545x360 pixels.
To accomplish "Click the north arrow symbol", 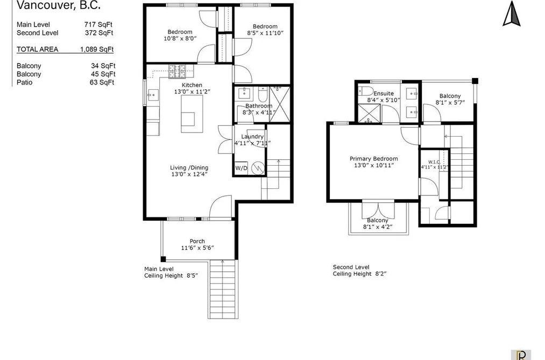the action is pyautogui.click(x=511, y=14).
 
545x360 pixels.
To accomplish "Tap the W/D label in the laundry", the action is pyautogui.click(x=241, y=168).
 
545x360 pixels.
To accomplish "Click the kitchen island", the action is pyautogui.click(x=192, y=114).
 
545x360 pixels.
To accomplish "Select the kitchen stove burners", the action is pyautogui.click(x=177, y=71).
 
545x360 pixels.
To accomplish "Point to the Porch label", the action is pyautogui.click(x=197, y=241).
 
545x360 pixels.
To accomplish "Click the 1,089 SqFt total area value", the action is pyautogui.click(x=97, y=50).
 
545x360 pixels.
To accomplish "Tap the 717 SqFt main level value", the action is pyautogui.click(x=98, y=25).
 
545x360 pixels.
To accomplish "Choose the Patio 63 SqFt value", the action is pyautogui.click(x=102, y=82).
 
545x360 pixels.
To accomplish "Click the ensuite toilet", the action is pyautogui.click(x=365, y=90).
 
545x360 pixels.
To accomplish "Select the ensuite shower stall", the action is pyautogui.click(x=369, y=113).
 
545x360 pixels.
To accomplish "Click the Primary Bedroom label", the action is pyautogui.click(x=373, y=159).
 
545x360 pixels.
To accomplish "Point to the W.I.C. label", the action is pyautogui.click(x=434, y=162).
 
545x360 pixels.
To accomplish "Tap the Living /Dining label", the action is pyautogui.click(x=189, y=167).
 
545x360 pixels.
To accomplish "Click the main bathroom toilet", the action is pyautogui.click(x=263, y=95).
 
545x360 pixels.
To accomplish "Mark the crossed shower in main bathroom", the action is pyautogui.click(x=279, y=104).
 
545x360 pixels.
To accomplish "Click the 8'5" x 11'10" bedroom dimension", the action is pyautogui.click(x=265, y=33).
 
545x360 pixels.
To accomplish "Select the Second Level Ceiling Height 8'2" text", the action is pyautogui.click(x=359, y=270).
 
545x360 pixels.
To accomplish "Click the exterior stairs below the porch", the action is pyautogui.click(x=223, y=289).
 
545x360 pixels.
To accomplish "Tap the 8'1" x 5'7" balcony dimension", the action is pyautogui.click(x=450, y=102).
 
